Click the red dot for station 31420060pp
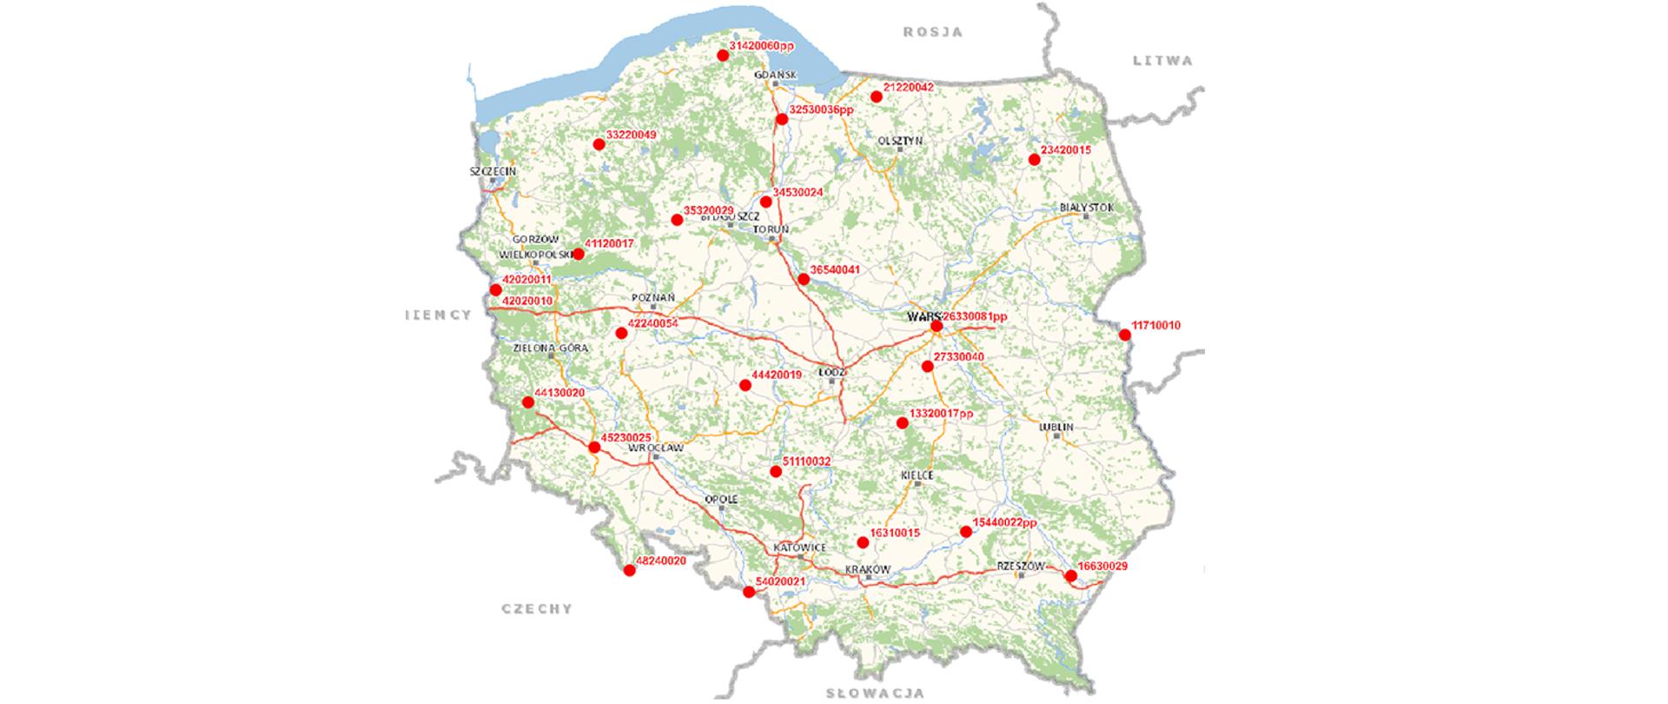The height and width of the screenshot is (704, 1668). coord(723,56)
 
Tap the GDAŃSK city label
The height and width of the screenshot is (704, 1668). coord(775,75)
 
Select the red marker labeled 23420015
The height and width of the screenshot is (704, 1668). coord(1034,160)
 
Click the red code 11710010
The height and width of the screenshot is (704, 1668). coord(1155,325)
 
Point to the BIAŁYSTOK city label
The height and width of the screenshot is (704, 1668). coord(1086,208)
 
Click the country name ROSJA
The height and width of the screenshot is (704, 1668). coord(933,32)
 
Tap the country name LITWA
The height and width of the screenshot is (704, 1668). coord(1162,61)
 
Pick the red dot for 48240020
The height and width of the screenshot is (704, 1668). coord(630,570)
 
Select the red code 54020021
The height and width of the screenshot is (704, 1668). coord(780,581)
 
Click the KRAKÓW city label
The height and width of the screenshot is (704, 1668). coord(868,569)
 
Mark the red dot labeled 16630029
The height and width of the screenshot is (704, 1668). coord(1071,576)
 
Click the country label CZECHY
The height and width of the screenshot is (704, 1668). coord(537,608)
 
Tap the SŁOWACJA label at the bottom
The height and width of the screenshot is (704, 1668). coord(874,693)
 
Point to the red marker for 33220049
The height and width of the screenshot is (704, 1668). coord(599,144)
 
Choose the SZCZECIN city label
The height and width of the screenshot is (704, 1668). coord(493,171)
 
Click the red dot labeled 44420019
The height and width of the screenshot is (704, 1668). coord(745,385)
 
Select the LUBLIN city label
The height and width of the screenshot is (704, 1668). coord(1056,427)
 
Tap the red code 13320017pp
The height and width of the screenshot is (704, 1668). coord(941,413)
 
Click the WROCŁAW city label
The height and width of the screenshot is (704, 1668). coord(655,448)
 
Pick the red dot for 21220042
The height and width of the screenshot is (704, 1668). coord(877,97)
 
